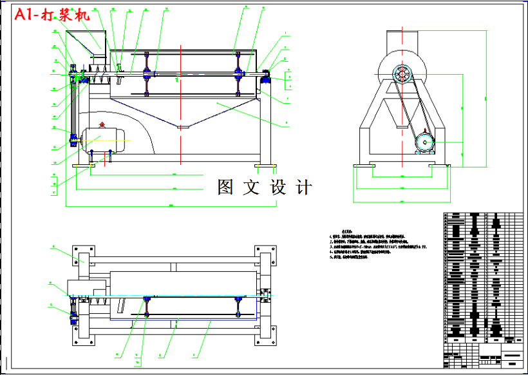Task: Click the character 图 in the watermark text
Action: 225,187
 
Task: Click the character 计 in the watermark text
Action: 303,187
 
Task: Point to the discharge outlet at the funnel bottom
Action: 184,127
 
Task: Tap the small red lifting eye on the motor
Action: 101,124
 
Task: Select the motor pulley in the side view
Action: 424,142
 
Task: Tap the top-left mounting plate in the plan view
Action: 82,255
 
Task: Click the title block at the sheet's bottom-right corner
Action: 483,354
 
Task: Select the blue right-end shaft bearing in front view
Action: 264,79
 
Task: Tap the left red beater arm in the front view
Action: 147,74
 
